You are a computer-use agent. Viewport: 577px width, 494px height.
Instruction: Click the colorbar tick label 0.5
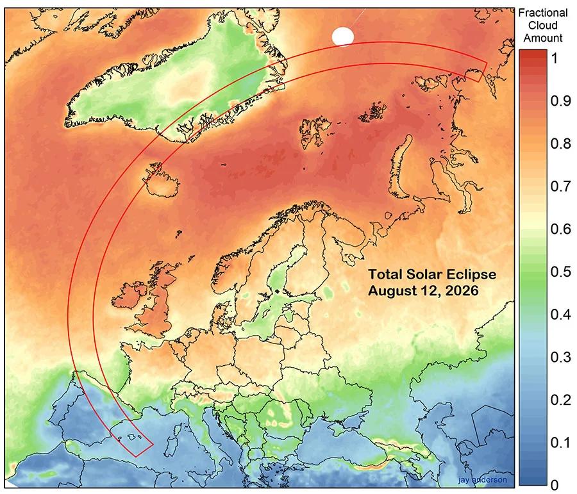[560, 272]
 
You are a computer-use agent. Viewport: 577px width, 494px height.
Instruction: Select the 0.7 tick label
[560, 186]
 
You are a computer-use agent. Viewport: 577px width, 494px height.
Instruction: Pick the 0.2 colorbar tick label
[560, 400]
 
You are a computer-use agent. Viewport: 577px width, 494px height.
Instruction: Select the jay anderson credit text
[482, 480]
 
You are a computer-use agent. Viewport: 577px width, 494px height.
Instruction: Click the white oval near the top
[342, 37]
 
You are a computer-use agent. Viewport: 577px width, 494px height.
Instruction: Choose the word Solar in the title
[422, 275]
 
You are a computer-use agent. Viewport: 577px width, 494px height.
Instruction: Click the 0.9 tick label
[560, 101]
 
